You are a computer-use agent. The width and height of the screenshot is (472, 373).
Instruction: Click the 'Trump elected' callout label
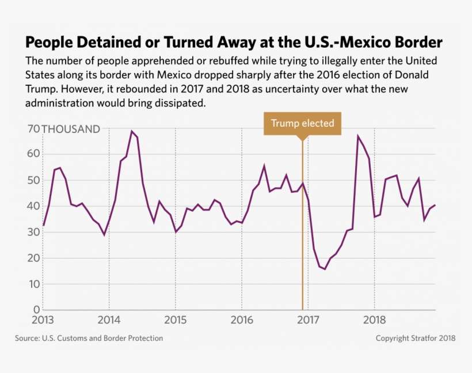[x=302, y=124]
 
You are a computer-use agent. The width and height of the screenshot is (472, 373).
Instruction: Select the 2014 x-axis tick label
[x=109, y=320]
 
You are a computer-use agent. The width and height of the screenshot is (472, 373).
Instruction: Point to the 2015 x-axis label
[x=175, y=320]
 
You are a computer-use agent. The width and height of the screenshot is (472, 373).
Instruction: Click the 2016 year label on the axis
[x=242, y=320]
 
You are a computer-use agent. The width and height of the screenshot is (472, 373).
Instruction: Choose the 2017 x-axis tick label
[x=308, y=320]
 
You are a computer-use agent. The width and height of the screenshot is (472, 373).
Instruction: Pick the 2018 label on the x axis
[x=375, y=320]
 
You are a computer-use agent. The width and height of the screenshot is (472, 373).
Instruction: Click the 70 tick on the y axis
[x=32, y=130]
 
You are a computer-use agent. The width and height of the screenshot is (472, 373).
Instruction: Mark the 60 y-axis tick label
[x=32, y=154]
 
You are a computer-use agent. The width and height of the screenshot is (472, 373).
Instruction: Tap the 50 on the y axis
[x=32, y=180]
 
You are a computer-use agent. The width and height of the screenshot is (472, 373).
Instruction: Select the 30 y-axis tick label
[x=32, y=232]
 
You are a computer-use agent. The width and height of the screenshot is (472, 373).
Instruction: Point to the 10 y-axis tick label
[x=32, y=284]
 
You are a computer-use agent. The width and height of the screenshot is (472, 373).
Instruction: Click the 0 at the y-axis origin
[x=36, y=310]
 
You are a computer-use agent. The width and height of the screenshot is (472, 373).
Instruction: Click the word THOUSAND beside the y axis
[x=71, y=130]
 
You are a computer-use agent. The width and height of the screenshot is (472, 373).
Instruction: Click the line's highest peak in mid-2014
[x=132, y=131]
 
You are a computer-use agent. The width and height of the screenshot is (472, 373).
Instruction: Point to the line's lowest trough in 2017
[x=325, y=269]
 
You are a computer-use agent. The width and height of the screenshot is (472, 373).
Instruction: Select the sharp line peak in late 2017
[x=358, y=136]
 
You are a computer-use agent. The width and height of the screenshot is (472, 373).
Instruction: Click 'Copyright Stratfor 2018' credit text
[x=416, y=338]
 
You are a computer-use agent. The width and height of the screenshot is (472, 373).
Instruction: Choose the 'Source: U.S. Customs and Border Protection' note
[x=89, y=338]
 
